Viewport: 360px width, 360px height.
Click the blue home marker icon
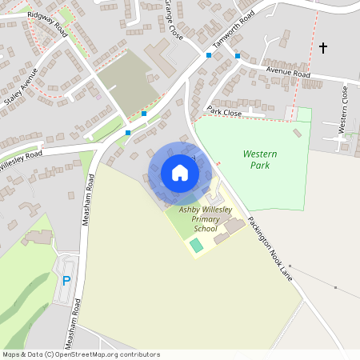coord(180,173)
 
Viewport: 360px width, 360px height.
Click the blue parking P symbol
coord(66,281)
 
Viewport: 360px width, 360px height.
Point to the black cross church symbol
coord(323,48)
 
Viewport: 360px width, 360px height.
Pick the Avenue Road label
coord(288,73)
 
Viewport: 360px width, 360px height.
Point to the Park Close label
coord(224,111)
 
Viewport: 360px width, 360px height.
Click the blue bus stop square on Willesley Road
coord(128,133)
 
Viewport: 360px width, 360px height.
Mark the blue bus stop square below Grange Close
coord(209,55)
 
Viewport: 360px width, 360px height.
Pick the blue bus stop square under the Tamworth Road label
coord(238,56)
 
